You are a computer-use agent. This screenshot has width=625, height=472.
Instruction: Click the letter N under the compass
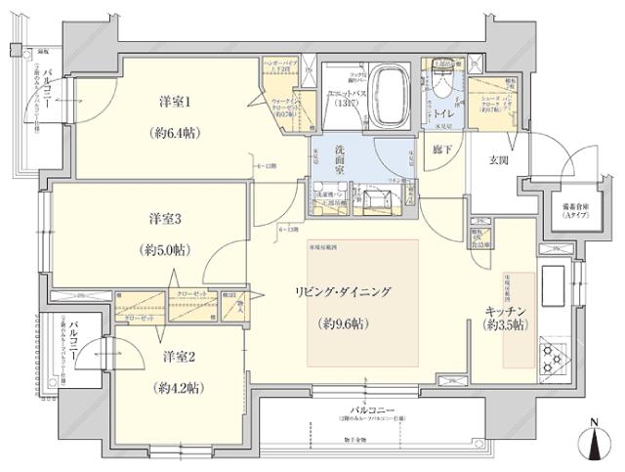click(597, 424)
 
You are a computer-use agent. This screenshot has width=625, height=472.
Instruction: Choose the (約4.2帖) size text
click(177, 388)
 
